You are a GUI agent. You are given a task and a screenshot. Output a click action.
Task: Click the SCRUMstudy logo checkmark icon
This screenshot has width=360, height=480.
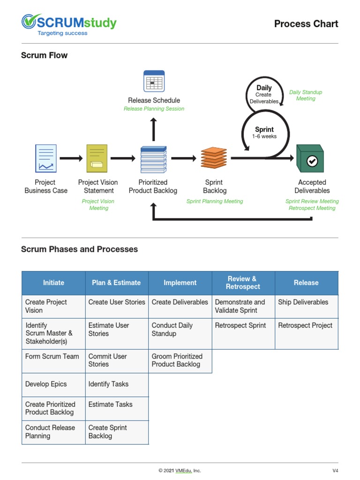(29, 22)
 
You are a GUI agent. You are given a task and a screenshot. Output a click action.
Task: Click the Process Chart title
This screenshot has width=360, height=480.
(306, 24)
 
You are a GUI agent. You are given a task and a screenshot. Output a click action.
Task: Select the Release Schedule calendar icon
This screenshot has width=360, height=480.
(154, 81)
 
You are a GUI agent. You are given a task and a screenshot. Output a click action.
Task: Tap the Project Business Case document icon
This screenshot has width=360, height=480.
(46, 158)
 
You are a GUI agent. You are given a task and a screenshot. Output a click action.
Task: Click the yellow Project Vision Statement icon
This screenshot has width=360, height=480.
(97, 158)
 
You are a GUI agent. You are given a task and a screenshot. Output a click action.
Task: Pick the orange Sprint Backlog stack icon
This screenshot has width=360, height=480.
(214, 158)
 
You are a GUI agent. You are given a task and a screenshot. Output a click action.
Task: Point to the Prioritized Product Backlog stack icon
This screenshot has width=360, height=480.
(153, 159)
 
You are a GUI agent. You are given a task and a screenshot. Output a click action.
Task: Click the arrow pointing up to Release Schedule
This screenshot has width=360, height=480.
(154, 129)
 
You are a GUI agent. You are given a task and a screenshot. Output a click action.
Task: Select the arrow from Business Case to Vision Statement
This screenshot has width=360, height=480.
(71, 158)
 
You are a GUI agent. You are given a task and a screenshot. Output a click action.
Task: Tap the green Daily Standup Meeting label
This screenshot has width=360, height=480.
(306, 96)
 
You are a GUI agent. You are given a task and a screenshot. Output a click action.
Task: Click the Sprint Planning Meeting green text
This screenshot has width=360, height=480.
(215, 202)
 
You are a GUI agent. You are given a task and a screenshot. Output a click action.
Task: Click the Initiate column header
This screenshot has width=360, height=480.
(53, 283)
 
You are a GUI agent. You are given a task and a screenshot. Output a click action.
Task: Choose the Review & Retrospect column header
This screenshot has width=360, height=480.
(243, 283)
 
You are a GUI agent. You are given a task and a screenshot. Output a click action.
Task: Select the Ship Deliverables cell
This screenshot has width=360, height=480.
(306, 302)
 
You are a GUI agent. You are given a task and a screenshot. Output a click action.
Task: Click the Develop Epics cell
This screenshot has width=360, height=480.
(53, 384)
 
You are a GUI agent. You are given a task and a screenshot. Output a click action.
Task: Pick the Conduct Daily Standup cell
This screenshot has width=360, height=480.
(180, 330)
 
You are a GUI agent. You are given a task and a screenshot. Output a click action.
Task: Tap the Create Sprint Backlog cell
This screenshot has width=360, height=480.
(117, 432)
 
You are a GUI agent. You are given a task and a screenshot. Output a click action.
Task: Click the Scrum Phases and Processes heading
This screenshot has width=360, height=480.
(79, 249)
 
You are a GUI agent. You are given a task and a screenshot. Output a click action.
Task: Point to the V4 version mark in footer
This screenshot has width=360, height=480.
(335, 471)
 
